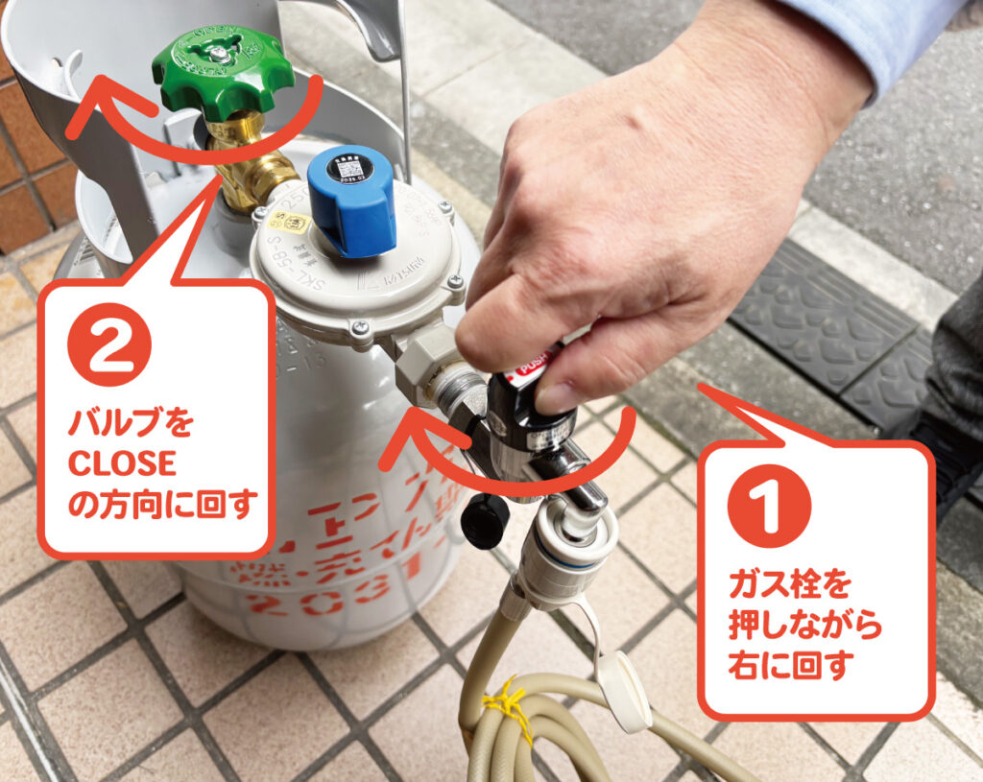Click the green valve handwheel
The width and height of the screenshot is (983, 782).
tap(223, 70)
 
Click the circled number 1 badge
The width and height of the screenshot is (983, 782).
tap(769, 506)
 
